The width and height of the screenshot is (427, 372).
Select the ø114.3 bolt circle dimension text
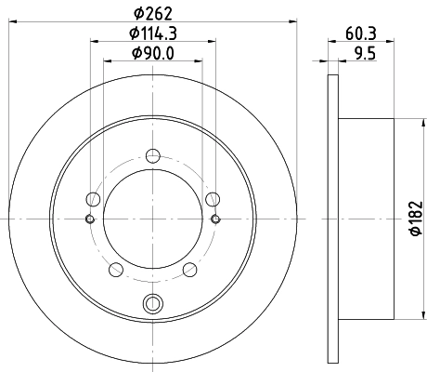coord(154,34)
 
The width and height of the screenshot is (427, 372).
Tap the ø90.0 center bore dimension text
coord(154,54)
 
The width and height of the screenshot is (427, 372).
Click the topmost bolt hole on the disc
coord(152,157)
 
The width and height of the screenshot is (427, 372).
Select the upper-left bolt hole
coord(91,198)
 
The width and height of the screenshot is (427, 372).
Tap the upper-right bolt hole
coord(213,198)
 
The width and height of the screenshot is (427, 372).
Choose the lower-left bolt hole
coord(115,270)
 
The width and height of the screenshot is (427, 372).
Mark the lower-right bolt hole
coord(190,270)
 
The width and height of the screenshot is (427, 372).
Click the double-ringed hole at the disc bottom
coord(152,302)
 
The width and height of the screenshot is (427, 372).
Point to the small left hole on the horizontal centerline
coord(89,219)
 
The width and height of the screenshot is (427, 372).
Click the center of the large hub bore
coord(152,219)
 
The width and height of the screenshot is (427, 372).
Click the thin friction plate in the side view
coord(334,219)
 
